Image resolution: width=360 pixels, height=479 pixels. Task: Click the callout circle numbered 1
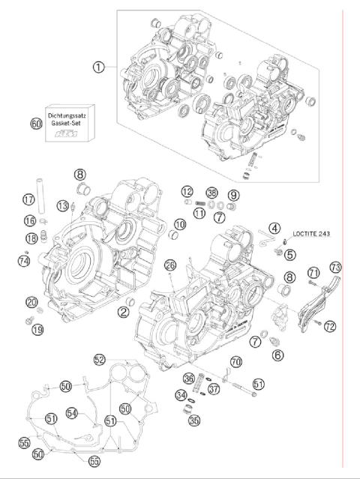click(x=98, y=67)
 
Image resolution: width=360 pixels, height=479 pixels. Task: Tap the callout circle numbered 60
click(x=36, y=123)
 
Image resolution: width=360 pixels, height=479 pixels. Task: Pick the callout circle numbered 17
click(x=28, y=199)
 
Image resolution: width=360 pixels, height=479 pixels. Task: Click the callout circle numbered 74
click(x=24, y=261)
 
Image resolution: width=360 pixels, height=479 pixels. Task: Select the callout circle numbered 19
click(x=37, y=328)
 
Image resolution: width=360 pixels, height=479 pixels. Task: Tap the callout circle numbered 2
click(x=121, y=312)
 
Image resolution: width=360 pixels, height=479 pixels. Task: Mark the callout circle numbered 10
click(x=180, y=224)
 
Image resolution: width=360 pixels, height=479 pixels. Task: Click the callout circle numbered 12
click(x=187, y=193)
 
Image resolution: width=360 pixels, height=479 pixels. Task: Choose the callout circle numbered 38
click(x=212, y=193)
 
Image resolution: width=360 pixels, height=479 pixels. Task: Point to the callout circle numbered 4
click(x=274, y=228)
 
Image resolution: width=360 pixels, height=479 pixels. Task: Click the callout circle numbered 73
click(x=335, y=267)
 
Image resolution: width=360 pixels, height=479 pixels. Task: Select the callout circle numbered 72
click(x=331, y=325)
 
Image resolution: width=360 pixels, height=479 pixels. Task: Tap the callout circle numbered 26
click(x=170, y=265)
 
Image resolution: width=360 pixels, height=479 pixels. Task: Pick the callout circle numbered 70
click(x=236, y=362)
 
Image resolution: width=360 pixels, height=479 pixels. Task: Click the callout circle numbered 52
click(x=100, y=360)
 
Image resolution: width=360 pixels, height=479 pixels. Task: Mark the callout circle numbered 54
click(x=92, y=413)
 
